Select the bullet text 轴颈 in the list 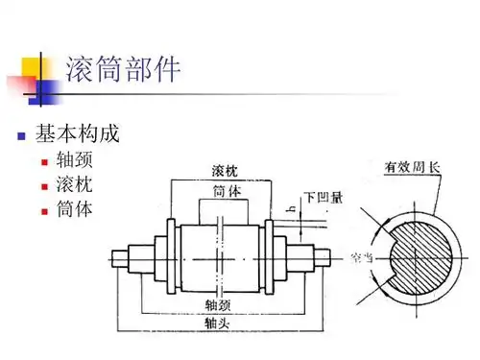tap(76, 160)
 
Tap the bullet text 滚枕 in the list tap(76, 183)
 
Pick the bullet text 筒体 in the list tap(76, 207)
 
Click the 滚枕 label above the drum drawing tap(226, 171)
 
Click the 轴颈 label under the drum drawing tap(218, 304)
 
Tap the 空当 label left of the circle tap(363, 257)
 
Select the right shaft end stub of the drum tap(327, 256)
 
